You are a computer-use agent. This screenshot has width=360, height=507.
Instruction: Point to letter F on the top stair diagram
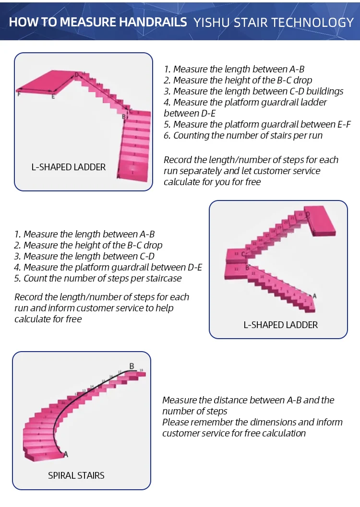pos(19,94)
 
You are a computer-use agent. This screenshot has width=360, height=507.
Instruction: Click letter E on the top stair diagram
pos(53,97)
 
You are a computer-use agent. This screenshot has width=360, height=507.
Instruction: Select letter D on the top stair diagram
pos(76,75)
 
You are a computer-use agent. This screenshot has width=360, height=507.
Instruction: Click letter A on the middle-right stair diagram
pos(314,296)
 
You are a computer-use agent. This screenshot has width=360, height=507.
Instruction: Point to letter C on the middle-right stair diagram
pos(243,254)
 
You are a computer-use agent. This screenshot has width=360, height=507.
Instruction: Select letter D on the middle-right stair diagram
pos(308,214)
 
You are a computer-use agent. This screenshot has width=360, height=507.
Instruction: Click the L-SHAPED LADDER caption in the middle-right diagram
pos(281,325)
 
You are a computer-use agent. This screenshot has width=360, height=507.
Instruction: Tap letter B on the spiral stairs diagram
pos(132,366)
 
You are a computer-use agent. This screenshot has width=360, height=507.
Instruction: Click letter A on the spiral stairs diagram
pos(66,454)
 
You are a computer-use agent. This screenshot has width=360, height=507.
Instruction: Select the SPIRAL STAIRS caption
pos(76,476)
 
